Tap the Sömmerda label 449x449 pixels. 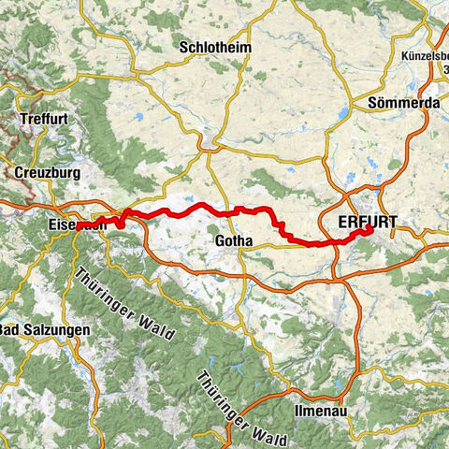374,101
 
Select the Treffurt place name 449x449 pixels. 43,119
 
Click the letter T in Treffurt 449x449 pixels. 21,119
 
